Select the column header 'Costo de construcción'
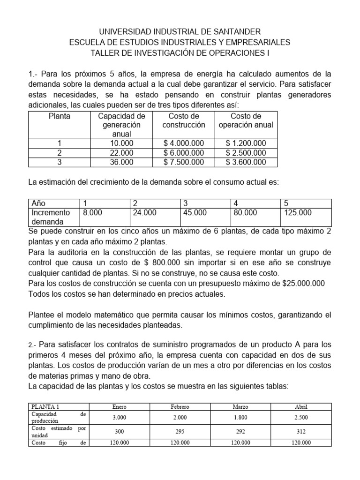coord(184,120)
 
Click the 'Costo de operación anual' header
coord(246,120)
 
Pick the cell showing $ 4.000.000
coord(184,143)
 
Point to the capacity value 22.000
coord(121,153)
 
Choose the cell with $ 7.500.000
coord(184,162)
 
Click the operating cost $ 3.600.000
coord(246,162)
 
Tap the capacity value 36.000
coord(121,162)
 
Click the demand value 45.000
coord(195,213)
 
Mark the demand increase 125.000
coord(298,213)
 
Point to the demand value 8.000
coord(92,213)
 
